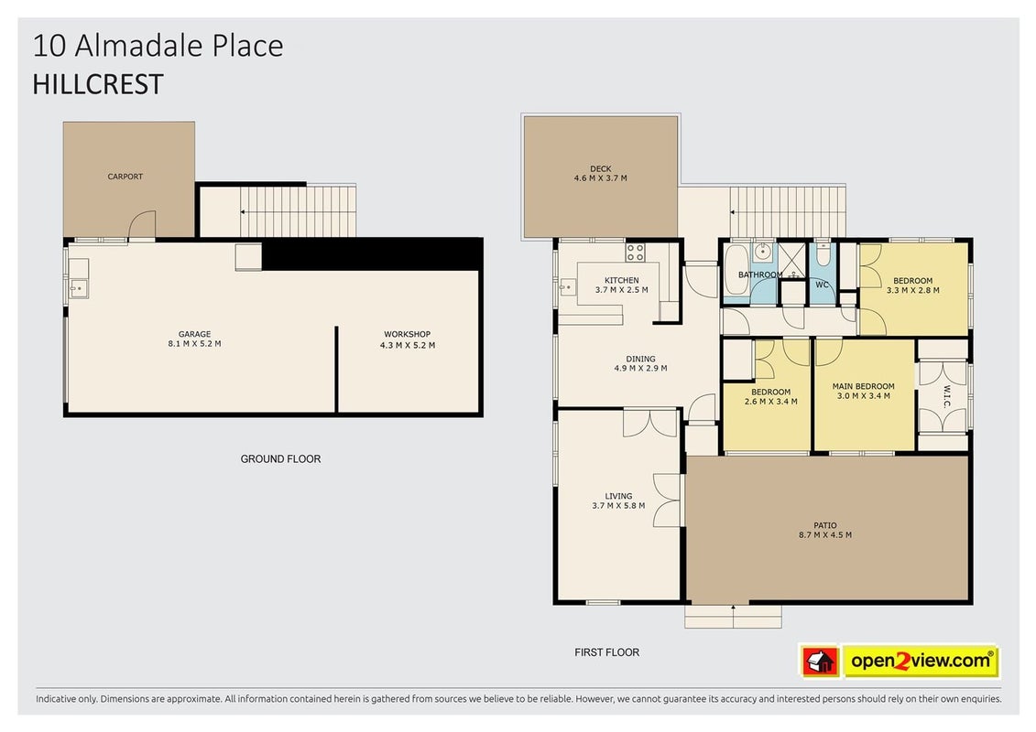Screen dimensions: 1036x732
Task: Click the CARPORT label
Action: (125, 177)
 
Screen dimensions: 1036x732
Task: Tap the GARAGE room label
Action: (194, 334)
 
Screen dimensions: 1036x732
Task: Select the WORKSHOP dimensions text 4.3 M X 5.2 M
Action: (407, 345)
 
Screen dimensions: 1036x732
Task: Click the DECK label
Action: (601, 168)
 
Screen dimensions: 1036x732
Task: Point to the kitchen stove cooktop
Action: (636, 253)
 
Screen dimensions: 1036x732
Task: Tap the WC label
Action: (822, 285)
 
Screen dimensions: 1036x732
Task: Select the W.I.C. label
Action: (946, 397)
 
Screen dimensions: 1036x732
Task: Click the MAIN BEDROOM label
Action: (863, 386)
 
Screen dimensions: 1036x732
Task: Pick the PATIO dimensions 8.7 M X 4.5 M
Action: (824, 534)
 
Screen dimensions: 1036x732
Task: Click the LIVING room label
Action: (618, 496)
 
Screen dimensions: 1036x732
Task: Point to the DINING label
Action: (641, 359)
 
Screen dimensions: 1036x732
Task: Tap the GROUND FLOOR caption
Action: (280, 458)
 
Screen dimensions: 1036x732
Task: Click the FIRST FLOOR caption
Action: (606, 652)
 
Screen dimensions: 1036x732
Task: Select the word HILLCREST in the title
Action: (98, 84)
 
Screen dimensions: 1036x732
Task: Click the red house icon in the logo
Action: (820, 661)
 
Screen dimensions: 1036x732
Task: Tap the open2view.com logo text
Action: (921, 660)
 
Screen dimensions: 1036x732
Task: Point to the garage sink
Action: (79, 288)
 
